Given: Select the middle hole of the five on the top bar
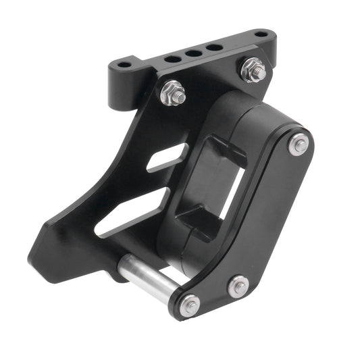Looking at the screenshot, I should tap(194, 53).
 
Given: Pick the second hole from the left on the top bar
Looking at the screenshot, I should tap(172, 59).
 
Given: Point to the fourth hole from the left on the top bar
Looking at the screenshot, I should tap(215, 47).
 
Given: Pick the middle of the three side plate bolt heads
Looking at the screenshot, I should tap(238, 286).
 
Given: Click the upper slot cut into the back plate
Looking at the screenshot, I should tap(165, 157).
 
